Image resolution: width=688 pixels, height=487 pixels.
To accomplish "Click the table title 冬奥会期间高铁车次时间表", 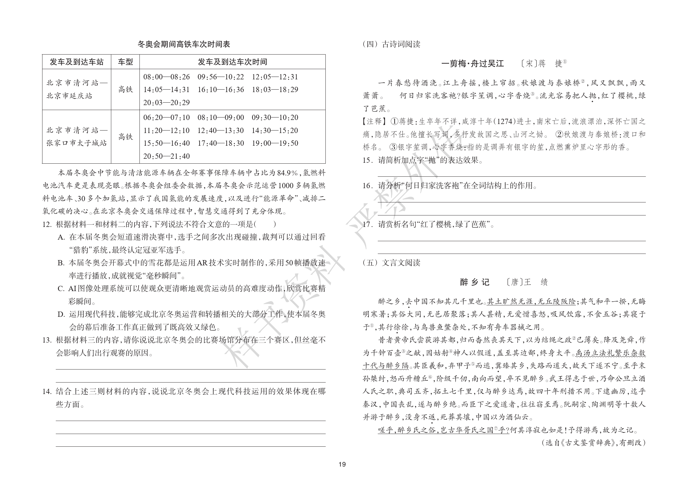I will (184, 44).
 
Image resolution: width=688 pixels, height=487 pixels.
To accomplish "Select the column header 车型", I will (125, 62).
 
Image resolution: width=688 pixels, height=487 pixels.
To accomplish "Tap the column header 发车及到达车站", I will (77, 62).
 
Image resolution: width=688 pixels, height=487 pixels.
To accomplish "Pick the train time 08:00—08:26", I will (166, 77).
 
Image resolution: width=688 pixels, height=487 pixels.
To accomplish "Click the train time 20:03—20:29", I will (166, 103).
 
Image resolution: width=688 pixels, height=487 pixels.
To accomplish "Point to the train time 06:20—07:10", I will (166, 118).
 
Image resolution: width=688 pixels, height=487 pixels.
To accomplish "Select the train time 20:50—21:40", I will (166, 156).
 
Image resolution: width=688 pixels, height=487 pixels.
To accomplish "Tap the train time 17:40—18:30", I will (221, 143).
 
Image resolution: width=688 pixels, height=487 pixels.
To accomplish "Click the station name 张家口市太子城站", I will (77, 143).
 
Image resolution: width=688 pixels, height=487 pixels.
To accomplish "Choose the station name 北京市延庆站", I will (69, 96).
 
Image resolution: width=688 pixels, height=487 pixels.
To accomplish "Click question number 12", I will (47, 224).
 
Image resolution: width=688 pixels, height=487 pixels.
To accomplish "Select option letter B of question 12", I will (61, 263).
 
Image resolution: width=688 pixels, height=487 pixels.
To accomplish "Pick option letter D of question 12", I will (61, 315).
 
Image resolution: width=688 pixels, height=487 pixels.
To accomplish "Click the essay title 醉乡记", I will (474, 282).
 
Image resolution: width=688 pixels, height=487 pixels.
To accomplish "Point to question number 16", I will (368, 186).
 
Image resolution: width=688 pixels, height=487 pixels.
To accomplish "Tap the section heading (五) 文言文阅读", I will (391, 263).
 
